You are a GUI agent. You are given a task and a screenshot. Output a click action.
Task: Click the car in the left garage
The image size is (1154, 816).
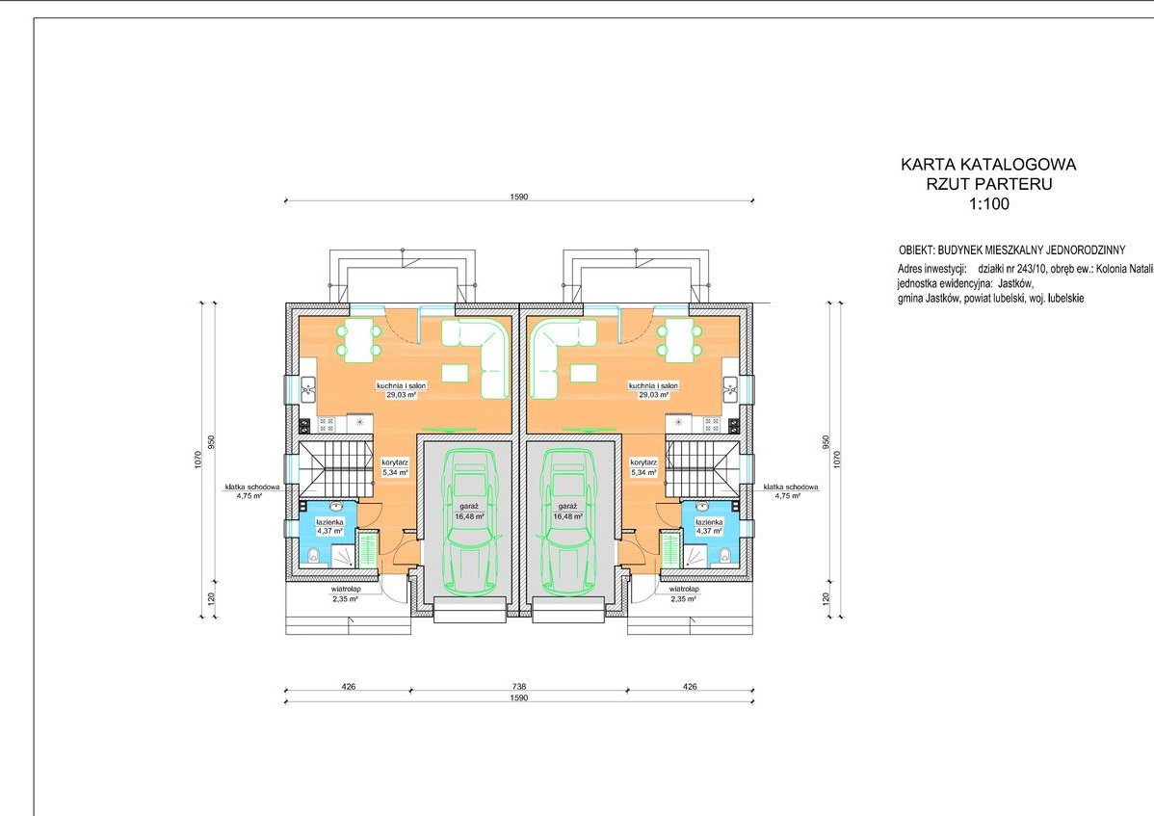tap(466, 523)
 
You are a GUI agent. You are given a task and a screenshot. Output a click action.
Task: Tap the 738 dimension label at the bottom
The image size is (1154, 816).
tap(519, 687)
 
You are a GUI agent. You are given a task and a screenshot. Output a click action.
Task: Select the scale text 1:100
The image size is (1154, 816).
tap(989, 204)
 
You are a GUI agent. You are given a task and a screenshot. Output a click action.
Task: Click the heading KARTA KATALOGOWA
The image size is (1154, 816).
tap(988, 164)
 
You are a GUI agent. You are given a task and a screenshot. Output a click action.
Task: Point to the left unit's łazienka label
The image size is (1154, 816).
tap(329, 521)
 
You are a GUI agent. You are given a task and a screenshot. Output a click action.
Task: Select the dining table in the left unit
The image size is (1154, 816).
tap(359, 340)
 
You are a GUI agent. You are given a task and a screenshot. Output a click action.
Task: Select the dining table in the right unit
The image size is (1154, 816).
tap(678, 340)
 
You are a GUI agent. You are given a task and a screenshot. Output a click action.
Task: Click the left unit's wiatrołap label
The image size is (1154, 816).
tap(344, 590)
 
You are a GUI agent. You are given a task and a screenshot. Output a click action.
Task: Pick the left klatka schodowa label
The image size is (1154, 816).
tap(252, 487)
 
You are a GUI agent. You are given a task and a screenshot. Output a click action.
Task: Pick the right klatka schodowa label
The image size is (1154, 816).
tap(791, 487)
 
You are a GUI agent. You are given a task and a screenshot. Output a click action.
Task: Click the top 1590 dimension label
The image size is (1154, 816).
tap(519, 197)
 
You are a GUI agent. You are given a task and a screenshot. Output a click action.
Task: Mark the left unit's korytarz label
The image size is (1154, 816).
tap(395, 462)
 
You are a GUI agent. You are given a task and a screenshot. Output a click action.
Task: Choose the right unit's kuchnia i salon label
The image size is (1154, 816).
tap(653, 384)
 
